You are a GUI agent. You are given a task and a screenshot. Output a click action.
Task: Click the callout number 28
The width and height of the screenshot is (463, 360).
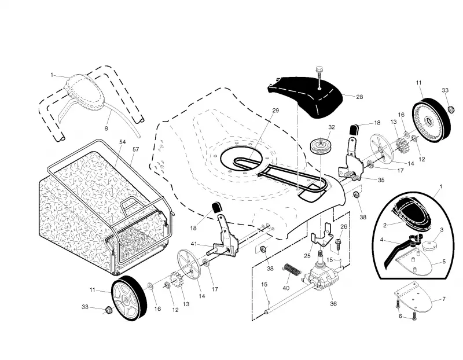click(x=359, y=97)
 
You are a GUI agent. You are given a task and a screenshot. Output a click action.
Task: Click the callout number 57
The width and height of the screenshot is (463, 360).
click(x=135, y=149)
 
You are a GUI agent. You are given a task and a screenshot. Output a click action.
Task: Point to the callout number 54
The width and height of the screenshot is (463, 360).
click(x=123, y=142)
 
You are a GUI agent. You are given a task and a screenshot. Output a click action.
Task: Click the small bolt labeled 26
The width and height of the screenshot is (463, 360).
click(x=338, y=243)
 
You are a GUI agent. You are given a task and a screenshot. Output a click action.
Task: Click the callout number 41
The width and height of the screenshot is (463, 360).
click(x=194, y=244)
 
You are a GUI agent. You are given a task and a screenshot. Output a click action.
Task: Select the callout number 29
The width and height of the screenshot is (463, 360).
click(x=275, y=111)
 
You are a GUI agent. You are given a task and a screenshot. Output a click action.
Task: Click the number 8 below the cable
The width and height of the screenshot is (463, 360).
click(x=106, y=128)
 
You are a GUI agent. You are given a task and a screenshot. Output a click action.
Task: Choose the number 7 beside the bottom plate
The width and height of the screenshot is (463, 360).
click(x=444, y=299)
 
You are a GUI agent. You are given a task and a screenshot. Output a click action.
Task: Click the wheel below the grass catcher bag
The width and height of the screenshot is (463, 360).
click(x=129, y=298)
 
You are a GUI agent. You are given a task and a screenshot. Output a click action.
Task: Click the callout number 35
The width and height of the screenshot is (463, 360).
click(x=381, y=180)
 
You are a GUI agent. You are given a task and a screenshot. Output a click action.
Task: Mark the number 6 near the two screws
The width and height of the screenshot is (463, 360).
click(x=400, y=316)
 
